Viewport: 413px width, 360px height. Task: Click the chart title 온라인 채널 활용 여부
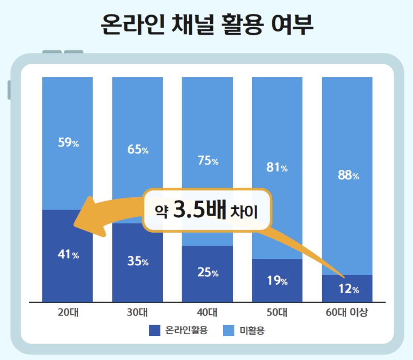pos(207,25)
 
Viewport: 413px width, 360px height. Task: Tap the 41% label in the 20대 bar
pos(68,254)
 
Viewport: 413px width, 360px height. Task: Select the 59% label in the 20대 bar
pos(68,142)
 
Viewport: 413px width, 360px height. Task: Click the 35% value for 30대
pos(138,261)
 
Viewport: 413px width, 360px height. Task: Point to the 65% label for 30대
pos(138,150)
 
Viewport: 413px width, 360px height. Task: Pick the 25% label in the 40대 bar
pos(208,273)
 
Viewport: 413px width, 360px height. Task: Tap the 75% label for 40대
pos(208,161)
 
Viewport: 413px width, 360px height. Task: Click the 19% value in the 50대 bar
pos(277,281)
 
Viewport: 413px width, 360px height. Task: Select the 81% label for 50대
pos(277,167)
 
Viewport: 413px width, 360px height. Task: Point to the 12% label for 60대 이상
pos(348,289)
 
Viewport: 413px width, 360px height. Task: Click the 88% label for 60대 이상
pos(348,175)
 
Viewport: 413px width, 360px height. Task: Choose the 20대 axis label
pos(68,312)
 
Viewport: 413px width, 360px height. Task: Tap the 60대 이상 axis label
pos(347,312)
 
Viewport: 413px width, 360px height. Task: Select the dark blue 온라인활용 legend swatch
pos(155,330)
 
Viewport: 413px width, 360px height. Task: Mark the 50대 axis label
pos(277,312)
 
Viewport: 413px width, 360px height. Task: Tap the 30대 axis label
pos(138,312)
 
